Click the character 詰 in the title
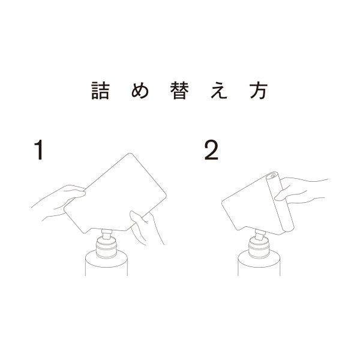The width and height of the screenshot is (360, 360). [x=100, y=91]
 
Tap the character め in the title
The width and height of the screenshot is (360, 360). [x=140, y=91]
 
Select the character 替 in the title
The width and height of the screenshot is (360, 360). [x=179, y=91]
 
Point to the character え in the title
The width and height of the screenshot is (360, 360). [x=219, y=91]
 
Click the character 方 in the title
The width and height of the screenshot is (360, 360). [x=259, y=91]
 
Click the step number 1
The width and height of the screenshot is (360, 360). [x=39, y=149]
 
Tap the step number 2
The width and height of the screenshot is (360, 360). [x=211, y=150]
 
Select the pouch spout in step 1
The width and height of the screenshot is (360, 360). [x=107, y=234]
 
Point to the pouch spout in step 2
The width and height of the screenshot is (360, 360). [x=260, y=235]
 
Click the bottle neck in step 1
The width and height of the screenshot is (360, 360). [x=106, y=248]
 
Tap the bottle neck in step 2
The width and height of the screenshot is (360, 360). [x=259, y=248]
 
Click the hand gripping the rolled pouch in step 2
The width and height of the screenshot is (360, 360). [x=298, y=191]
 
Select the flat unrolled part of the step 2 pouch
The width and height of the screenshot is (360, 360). [x=250, y=206]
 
